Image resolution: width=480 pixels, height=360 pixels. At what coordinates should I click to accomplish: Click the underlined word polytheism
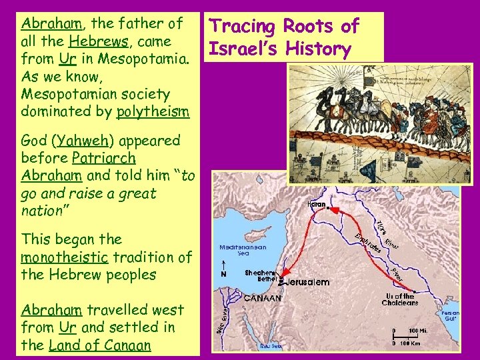(153, 111)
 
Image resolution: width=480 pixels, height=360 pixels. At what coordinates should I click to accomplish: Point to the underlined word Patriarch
(104, 159)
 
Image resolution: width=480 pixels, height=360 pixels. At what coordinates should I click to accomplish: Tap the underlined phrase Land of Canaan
(100, 345)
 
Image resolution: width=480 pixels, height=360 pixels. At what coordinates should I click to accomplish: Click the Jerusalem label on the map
(307, 282)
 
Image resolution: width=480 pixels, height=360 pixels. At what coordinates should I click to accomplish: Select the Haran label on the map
(317, 204)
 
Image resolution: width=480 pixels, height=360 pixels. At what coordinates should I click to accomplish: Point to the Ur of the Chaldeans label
(400, 299)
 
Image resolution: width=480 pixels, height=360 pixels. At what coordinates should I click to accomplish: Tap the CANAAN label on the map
(263, 299)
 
